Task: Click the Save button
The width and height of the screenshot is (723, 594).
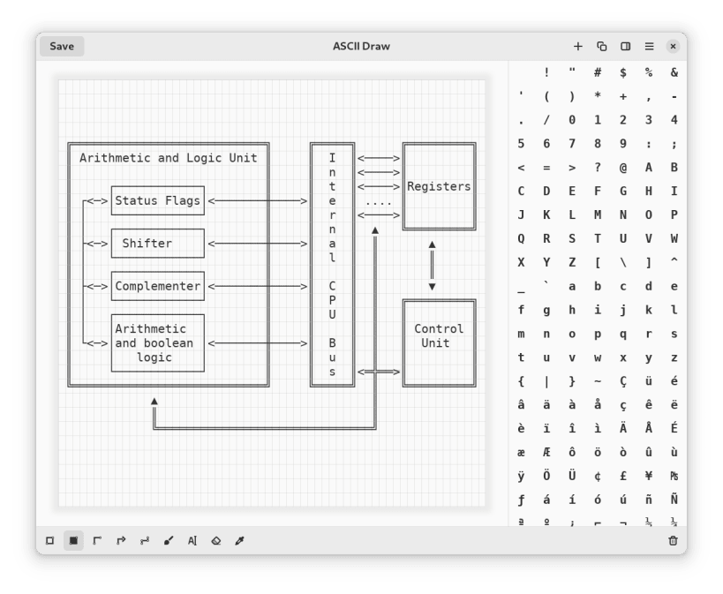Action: (x=62, y=47)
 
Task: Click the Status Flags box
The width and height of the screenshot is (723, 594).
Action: (x=157, y=200)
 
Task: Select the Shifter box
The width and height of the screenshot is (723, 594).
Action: (x=157, y=244)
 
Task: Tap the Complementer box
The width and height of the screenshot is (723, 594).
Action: (x=157, y=286)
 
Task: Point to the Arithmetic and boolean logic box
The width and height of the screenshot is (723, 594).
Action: (x=157, y=342)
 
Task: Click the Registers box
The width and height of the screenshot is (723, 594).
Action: (x=439, y=186)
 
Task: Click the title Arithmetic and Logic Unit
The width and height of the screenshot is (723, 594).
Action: (x=169, y=158)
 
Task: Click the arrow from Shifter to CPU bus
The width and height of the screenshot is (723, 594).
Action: (x=258, y=244)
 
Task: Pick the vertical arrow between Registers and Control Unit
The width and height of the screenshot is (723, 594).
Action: (x=432, y=265)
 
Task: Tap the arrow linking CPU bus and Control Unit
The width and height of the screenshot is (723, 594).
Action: (x=379, y=372)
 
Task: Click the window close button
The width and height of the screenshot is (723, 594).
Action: (x=673, y=47)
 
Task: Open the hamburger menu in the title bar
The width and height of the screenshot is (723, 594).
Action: (x=649, y=47)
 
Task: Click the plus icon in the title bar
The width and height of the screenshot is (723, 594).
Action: (x=578, y=47)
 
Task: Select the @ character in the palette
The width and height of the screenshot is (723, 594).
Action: (x=623, y=167)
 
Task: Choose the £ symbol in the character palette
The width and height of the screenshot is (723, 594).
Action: (x=623, y=476)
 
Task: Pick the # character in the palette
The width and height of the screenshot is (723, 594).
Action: (x=598, y=72)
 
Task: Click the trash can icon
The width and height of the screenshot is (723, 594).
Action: (x=673, y=540)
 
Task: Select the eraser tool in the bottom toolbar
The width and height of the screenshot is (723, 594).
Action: (x=216, y=540)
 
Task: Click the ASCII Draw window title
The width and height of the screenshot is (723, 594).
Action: (x=361, y=47)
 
